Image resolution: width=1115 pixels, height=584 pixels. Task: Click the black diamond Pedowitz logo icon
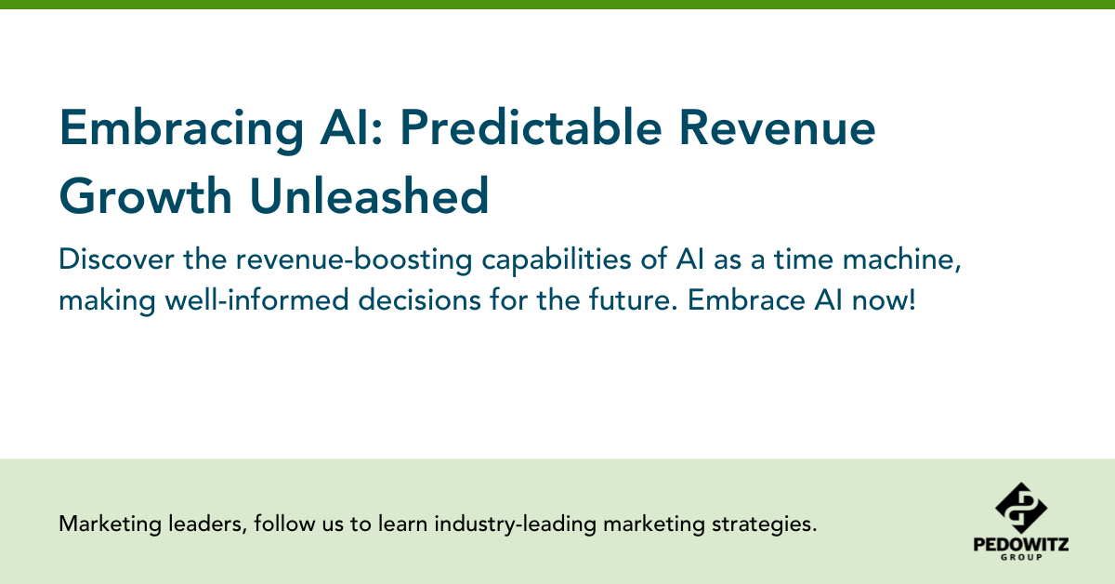coord(1020,508)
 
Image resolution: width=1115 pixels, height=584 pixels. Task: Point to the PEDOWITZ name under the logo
coord(1020,545)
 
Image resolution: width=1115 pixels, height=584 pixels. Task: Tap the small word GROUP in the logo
coord(1020,559)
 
